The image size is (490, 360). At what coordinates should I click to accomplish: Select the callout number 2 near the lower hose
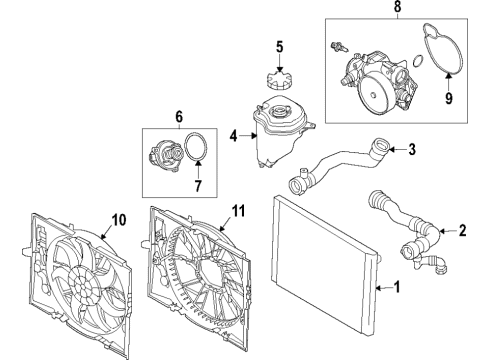461,231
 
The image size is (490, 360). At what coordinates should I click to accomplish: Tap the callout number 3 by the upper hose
411,151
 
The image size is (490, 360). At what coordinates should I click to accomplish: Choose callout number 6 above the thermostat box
179,116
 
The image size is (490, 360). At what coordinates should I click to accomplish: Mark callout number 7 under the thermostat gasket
197,186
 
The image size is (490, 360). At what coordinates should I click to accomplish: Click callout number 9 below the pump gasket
450,99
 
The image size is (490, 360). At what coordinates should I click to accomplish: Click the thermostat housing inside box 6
163,157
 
